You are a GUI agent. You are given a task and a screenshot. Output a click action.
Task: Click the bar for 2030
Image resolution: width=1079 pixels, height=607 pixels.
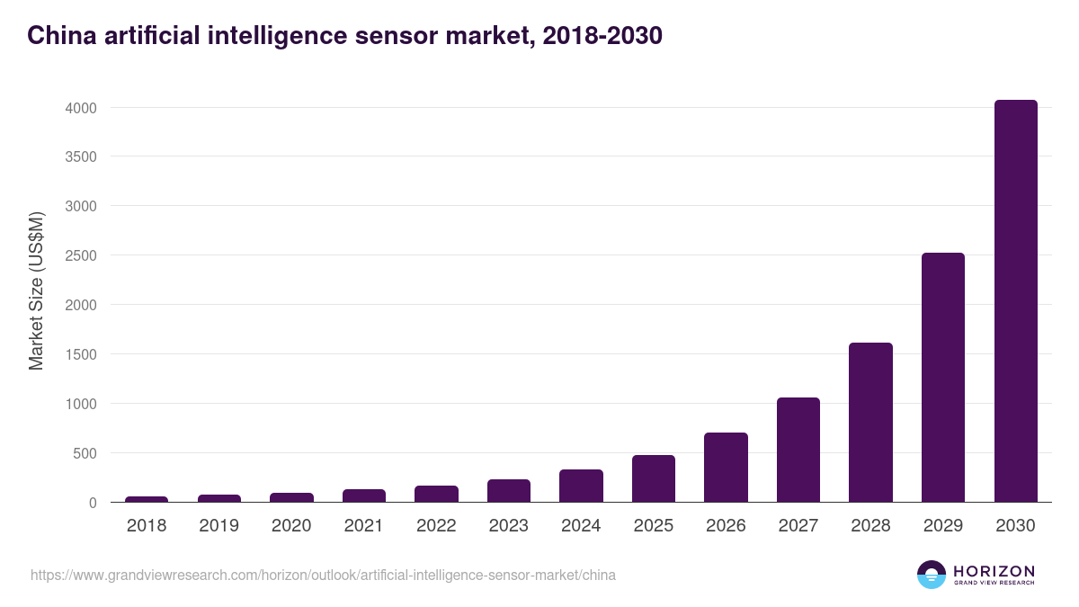point(1015,301)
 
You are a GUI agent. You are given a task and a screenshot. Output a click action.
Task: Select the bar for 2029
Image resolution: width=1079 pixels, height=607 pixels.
point(943,378)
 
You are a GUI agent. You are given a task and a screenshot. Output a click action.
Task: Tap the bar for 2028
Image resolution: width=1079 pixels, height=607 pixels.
point(870,423)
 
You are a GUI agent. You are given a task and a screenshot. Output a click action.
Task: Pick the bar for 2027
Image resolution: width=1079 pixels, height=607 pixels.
point(798,450)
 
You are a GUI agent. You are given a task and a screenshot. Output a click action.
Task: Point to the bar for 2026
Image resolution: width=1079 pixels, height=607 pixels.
point(726,468)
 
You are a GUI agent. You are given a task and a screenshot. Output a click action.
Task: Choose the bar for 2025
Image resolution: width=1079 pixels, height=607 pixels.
point(654,478)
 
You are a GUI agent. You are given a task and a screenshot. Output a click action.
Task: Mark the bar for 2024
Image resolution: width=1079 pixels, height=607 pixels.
point(581,486)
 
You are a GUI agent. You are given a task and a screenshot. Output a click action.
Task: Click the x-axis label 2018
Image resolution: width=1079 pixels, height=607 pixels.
point(147,526)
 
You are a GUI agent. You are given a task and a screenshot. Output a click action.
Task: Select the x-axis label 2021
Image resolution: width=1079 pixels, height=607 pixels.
point(363,526)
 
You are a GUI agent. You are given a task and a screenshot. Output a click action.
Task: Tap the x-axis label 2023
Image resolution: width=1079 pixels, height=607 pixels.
point(508,526)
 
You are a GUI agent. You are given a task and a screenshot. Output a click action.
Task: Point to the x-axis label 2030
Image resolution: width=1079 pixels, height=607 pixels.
point(1015,526)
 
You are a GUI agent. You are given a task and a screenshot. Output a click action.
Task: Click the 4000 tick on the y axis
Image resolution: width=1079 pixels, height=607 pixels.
point(79,108)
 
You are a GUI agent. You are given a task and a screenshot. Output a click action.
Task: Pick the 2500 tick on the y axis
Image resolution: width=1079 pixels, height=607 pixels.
point(79,255)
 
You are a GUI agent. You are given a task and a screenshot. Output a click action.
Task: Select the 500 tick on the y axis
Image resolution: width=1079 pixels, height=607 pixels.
point(84,453)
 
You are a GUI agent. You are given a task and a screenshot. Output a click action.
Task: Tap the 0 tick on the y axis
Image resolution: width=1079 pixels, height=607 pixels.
point(92,503)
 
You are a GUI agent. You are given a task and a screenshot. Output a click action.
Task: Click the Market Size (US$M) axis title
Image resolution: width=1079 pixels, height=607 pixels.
point(36,290)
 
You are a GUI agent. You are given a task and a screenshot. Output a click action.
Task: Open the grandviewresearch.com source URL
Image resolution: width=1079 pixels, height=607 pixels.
point(323,575)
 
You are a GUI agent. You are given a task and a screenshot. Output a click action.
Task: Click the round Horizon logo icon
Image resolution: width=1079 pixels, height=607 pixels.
point(931,575)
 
